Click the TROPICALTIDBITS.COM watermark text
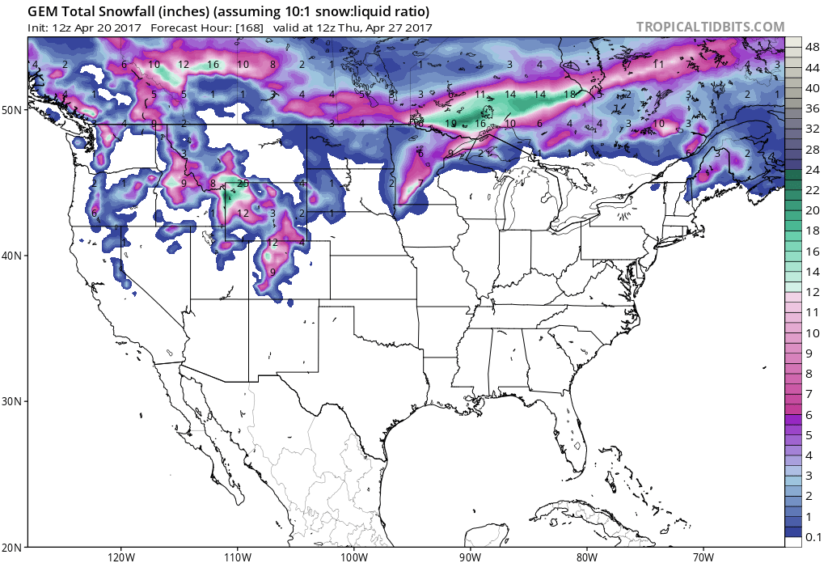(x=710, y=27)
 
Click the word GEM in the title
(x=44, y=12)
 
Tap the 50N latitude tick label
(x=15, y=109)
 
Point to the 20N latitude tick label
(x=15, y=547)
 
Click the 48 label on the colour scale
(x=812, y=47)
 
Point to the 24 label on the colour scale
(x=812, y=169)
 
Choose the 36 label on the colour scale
(x=812, y=108)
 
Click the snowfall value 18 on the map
(x=569, y=95)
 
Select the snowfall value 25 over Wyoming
(x=243, y=184)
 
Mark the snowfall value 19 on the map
(x=450, y=124)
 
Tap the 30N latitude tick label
(x=15, y=401)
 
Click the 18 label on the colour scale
(x=812, y=231)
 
